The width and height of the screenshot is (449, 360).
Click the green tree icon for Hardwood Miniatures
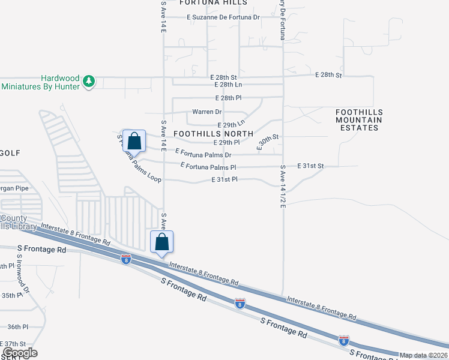pyautogui.click(x=89, y=80)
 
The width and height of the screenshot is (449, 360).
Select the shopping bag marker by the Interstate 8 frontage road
pyautogui.click(x=161, y=242)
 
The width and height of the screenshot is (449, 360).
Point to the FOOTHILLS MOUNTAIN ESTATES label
pyautogui.click(x=358, y=120)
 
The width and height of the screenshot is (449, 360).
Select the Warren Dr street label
pyautogui.click(x=206, y=112)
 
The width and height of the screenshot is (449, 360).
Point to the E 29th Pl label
pyautogui.click(x=226, y=143)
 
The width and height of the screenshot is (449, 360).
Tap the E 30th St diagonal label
pyautogui.click(x=268, y=141)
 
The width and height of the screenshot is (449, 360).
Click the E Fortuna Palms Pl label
pyautogui.click(x=208, y=167)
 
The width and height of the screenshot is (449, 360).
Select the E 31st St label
pyautogui.click(x=310, y=166)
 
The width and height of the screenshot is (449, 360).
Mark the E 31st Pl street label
pyautogui.click(x=224, y=179)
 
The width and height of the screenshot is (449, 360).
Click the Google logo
pyautogui.click(x=20, y=353)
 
